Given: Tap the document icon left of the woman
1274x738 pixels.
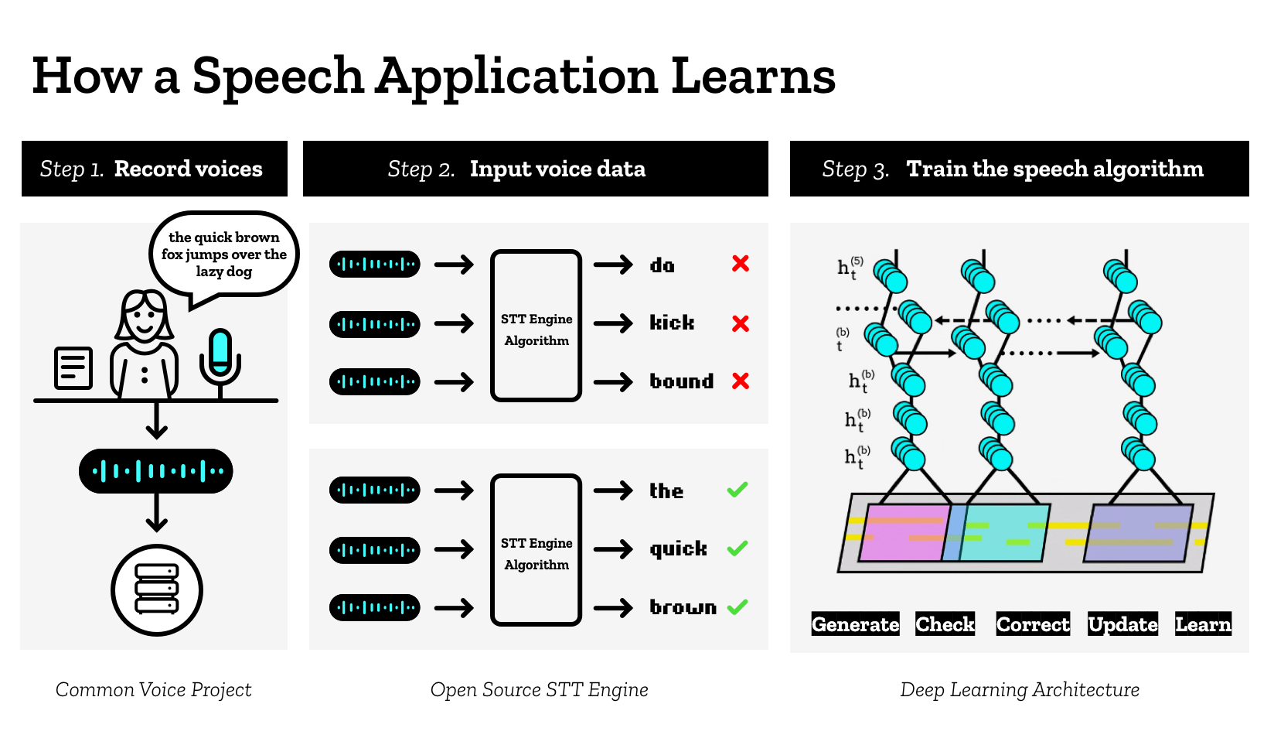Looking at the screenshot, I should pos(73,368).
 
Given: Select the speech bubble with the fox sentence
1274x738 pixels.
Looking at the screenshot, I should pos(223,255).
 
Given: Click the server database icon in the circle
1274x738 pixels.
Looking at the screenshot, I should pos(157,589).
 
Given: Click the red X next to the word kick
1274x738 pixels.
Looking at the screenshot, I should pos(741,323).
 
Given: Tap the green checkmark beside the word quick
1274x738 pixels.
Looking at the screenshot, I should pos(737,548).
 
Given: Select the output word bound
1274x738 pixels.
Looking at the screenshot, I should pos(681,381).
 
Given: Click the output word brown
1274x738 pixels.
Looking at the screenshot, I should pos(683,607).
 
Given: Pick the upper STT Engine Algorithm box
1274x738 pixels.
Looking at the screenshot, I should pos(536,326).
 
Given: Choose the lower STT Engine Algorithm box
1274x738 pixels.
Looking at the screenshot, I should pos(536,550).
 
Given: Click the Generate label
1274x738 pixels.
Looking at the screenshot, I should pos(855,624).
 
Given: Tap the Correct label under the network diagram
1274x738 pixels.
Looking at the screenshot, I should pos(1033,624).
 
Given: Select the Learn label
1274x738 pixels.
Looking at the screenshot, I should pos(1203,624).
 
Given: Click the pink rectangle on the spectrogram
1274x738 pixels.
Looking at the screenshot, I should pos(903,533).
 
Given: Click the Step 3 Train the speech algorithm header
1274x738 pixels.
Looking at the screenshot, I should pos(1019,169).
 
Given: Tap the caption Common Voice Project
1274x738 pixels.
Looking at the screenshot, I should pos(153,689).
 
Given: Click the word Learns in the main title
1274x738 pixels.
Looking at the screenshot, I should pos(753,77).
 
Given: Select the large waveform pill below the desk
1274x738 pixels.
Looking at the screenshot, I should pos(156,470).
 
